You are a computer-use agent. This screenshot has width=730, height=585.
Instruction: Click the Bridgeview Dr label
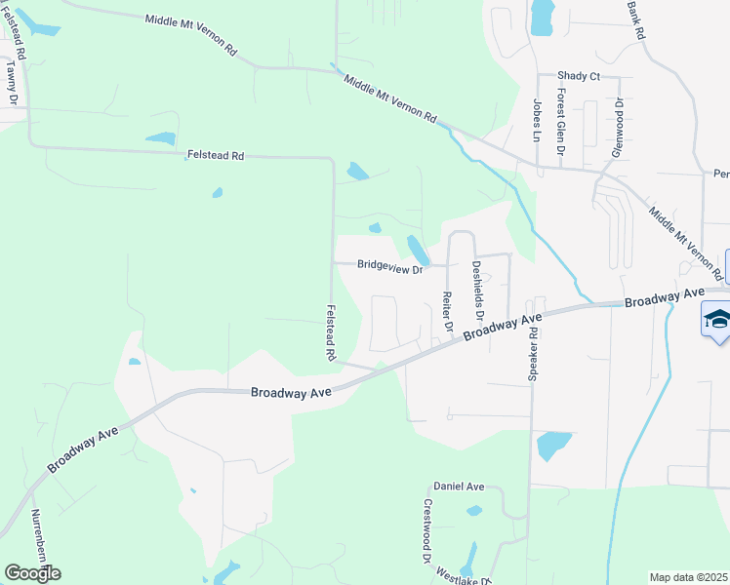coord(389,265)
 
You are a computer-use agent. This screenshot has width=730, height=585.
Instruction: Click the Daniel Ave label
coord(459,486)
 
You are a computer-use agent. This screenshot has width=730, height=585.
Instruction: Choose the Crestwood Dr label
coord(427,531)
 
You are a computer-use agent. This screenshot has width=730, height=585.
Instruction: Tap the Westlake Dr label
coord(459,573)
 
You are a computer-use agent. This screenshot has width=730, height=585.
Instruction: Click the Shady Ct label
coord(578,76)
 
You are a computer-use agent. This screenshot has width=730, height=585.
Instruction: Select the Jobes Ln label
coord(537,119)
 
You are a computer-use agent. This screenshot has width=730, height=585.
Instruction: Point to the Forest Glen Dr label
coord(561,123)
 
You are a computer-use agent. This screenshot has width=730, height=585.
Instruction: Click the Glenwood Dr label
coord(617,128)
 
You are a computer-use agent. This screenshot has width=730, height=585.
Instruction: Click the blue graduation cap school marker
coord(717,320)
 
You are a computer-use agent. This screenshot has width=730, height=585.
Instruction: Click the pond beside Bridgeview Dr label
coord(416,249)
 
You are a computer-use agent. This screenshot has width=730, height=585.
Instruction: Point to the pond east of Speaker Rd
coord(553,445)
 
